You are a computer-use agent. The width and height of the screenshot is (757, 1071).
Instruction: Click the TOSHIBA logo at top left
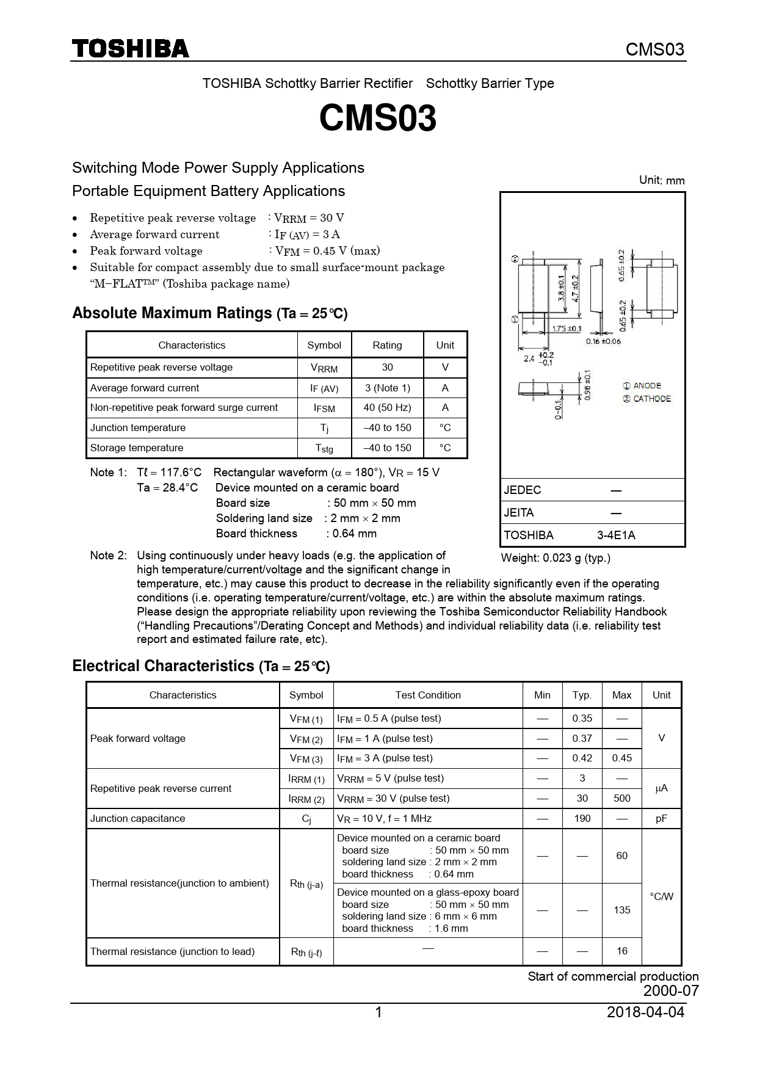point(131,49)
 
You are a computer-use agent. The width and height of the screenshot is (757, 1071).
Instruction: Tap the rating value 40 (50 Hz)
point(387,408)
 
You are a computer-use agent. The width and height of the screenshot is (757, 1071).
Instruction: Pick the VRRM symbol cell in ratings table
point(324,368)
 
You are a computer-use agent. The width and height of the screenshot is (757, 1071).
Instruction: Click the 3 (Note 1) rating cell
point(387,388)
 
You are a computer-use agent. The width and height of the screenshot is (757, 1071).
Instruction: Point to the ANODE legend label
point(647,386)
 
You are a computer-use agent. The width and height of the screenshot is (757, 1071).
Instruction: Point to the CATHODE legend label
point(651,399)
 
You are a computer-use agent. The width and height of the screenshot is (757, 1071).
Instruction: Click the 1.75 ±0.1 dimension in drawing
point(567,329)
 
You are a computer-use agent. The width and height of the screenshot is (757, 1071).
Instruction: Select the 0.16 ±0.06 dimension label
point(603,341)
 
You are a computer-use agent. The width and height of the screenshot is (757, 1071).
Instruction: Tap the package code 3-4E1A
point(616,535)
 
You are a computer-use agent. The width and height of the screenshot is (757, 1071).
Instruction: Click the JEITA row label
point(519,513)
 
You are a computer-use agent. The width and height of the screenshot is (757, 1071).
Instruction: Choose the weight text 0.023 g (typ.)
point(556,557)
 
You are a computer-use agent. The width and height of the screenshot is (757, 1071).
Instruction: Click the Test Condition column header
point(428,695)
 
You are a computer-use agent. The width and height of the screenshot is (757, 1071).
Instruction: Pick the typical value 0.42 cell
point(582,758)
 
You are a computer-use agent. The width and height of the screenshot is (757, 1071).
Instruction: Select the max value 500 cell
point(621,799)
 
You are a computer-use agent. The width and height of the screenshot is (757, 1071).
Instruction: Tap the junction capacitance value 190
point(582,818)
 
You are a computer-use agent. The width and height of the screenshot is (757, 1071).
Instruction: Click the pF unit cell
point(661,818)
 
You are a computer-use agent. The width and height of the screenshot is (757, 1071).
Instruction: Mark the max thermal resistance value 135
point(621,910)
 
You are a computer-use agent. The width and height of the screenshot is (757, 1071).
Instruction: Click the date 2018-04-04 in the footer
point(645,1012)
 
